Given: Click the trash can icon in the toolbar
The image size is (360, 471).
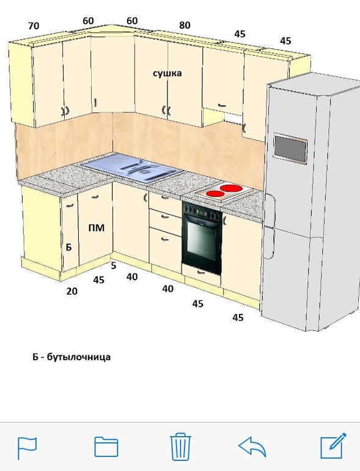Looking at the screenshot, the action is point(180,447).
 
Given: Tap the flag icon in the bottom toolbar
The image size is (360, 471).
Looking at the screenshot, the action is point(27,448).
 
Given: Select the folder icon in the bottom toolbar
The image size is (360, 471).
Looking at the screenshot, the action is point(106,447).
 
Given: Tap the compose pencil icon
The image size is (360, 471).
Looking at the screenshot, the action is point(333,446).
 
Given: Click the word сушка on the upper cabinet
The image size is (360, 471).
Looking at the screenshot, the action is point(167,73).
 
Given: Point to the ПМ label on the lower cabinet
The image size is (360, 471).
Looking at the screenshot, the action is point(97,228).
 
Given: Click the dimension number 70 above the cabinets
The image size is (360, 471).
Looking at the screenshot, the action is point(34,26).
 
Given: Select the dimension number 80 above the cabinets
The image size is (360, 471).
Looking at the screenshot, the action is point(185,25).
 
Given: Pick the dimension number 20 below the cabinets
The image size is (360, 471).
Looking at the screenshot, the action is point(72,291).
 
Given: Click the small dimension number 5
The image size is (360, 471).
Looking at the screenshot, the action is point(113,265).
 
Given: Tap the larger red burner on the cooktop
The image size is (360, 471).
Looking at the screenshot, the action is point(231,188).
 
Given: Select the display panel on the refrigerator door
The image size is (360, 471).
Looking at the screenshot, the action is point(290,149).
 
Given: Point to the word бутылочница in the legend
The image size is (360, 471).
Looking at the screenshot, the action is point(79,357).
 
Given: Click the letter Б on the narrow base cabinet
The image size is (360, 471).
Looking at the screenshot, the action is point(68,247).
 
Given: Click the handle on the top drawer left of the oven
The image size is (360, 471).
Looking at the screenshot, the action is point(165,198).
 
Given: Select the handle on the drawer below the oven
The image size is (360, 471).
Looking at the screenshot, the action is point(201,272).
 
